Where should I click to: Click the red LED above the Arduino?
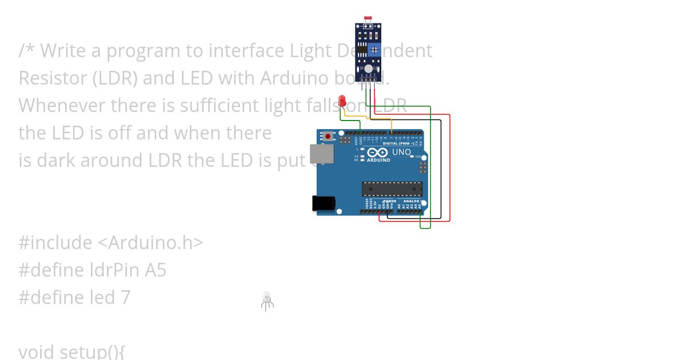tap(342, 101)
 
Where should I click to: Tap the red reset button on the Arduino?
tap(328, 137)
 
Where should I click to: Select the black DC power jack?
tap(323, 203)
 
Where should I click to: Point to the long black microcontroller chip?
tap(392, 189)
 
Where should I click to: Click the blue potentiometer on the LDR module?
tap(374, 50)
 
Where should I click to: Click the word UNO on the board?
tap(401, 152)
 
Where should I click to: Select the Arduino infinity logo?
tap(378, 153)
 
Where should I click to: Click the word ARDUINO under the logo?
tap(378, 161)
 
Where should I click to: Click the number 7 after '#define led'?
tap(125, 297)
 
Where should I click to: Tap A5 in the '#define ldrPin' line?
tap(155, 270)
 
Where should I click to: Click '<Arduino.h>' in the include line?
tap(150, 242)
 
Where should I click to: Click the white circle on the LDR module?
tap(368, 69)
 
